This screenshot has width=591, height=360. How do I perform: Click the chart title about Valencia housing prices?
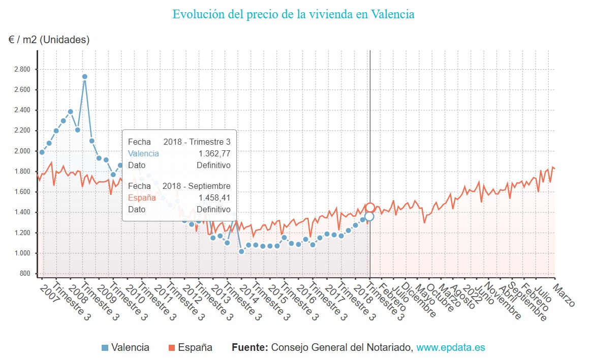[x=293, y=14]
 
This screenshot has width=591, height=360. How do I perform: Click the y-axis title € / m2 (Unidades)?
[x=49, y=40]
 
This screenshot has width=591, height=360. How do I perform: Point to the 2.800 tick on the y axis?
[x=22, y=69]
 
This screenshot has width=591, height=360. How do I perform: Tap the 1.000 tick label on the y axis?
[x=22, y=253]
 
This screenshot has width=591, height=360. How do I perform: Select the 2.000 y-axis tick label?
[x=22, y=151]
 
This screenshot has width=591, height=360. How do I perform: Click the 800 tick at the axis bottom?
[x=25, y=274]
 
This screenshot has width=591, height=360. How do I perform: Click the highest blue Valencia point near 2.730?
[x=85, y=77]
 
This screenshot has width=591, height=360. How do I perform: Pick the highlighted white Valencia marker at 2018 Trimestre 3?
[x=369, y=216]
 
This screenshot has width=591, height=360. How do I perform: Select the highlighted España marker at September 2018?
[x=370, y=207]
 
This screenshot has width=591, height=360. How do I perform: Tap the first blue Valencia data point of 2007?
[x=42, y=152]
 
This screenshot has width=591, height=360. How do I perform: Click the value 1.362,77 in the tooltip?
[x=214, y=153]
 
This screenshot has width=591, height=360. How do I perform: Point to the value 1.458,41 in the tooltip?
[x=214, y=198]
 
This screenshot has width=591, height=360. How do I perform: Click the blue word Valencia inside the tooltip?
[x=143, y=153]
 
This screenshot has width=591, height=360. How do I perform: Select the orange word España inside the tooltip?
[x=142, y=198]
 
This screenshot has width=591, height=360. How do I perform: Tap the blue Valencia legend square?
[x=105, y=348]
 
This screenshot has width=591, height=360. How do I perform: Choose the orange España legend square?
[x=172, y=348]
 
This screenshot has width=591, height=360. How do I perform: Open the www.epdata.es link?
[x=451, y=348]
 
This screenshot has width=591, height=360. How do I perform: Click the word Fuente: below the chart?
[x=250, y=348]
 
